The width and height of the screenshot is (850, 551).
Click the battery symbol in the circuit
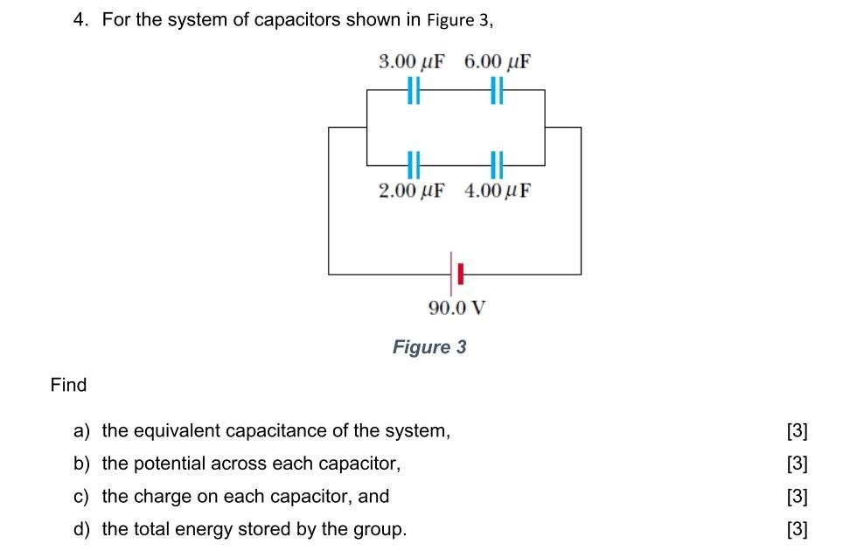[455, 274]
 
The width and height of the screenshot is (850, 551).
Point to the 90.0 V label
[456, 308]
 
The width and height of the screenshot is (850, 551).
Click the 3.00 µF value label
[411, 62]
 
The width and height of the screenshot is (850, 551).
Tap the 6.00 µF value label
[498, 62]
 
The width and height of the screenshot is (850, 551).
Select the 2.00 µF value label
[411, 191]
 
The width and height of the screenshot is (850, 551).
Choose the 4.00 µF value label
[498, 191]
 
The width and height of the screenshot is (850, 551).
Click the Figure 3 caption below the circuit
[429, 347]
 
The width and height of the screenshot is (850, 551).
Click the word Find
[69, 385]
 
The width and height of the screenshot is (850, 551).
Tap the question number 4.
[80, 20]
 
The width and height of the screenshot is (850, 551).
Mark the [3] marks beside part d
[797, 529]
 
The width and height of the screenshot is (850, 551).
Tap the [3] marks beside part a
[797, 430]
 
